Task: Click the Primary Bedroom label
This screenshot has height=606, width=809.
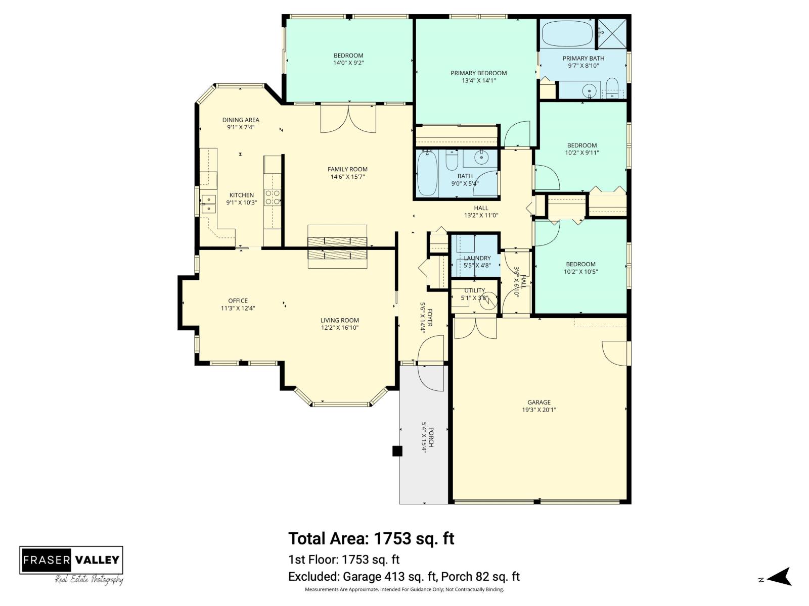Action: click(x=478, y=73)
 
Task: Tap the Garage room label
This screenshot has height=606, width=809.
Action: click(x=538, y=402)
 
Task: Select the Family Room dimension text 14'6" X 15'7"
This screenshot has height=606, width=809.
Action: click(x=347, y=177)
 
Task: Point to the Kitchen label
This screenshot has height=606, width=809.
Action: click(x=241, y=195)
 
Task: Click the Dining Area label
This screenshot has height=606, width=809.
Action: click(x=241, y=120)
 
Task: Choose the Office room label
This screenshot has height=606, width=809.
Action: click(x=238, y=301)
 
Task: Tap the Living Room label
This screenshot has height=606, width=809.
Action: click(x=339, y=321)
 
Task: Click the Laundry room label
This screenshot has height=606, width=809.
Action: click(x=477, y=258)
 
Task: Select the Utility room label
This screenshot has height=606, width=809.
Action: click(x=475, y=291)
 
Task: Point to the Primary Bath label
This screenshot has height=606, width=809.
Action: click(x=583, y=59)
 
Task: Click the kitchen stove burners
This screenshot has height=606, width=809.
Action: click(x=273, y=197)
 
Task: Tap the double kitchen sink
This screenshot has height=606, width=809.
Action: click(x=209, y=204)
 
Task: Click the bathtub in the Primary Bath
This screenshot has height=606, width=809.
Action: click(x=568, y=34)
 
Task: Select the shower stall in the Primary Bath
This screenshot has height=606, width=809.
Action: click(x=612, y=34)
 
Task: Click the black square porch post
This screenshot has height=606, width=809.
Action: click(x=397, y=451)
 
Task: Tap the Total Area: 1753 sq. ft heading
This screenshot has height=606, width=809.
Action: click(x=371, y=539)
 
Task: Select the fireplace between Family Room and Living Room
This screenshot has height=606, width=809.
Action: click(x=337, y=247)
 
